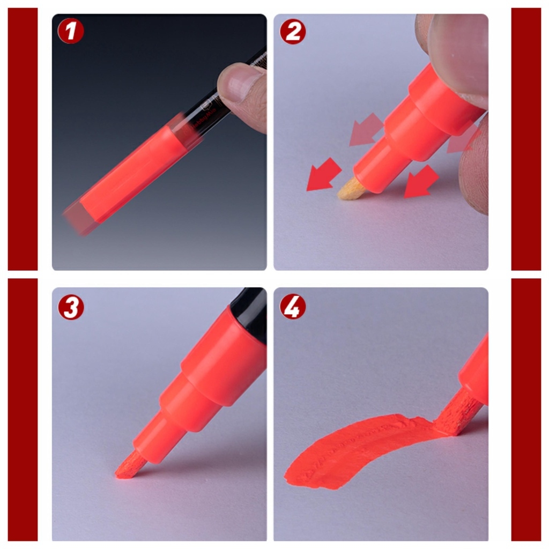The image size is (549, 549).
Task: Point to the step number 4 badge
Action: [x=293, y=307]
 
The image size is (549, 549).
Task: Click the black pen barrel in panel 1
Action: [x=214, y=102]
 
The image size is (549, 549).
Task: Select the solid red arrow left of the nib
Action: [x=323, y=175]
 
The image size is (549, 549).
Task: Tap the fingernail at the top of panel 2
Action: [x=458, y=48]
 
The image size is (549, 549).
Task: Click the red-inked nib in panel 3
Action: [x=129, y=465]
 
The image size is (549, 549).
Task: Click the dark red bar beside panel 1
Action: [x=23, y=139]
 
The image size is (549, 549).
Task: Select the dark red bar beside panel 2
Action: [x=526, y=139]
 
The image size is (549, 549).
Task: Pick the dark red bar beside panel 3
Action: [x=23, y=410]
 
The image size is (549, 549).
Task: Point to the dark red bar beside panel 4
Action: [x=526, y=410]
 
